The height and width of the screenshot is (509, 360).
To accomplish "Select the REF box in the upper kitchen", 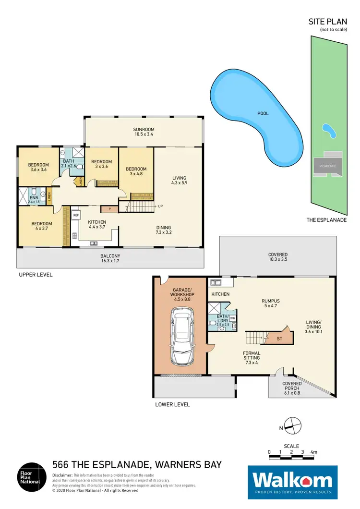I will pos(76,216).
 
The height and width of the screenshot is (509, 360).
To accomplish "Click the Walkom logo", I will pos(292,479).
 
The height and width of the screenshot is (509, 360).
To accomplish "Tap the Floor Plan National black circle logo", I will pos(32,478).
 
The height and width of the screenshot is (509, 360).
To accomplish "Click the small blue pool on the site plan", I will pos(328,130).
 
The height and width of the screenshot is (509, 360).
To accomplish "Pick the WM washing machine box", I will pos(232,318).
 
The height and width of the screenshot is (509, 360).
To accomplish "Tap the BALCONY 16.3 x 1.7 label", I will pos(110,258).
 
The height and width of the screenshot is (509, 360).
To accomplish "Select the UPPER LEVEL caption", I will pos(36,275).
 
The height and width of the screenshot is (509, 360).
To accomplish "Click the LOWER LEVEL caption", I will pos(172,404).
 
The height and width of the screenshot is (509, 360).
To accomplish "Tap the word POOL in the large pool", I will pos(262,114).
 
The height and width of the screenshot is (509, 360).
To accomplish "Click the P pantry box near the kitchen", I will pos(109,209).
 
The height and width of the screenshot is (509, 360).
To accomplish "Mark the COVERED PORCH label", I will pos(292,386).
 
